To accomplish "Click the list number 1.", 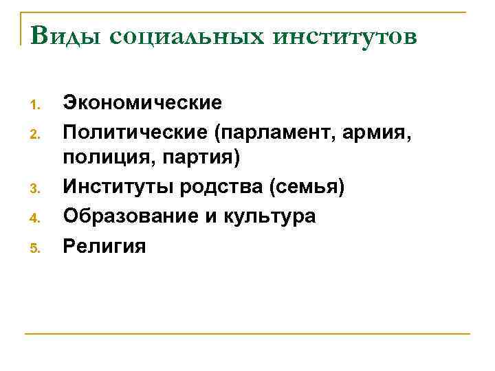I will point(38,105).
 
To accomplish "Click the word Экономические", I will point(142,102).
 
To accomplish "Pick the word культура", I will point(271,216).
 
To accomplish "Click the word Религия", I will point(104,246).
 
